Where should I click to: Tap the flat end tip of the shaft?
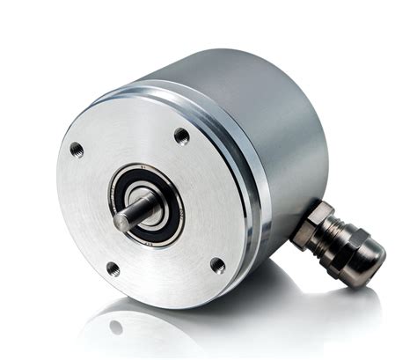[x=121, y=224]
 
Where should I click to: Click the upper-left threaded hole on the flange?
[x=77, y=149]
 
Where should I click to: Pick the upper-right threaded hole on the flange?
[x=181, y=136]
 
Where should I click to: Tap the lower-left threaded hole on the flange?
[x=113, y=268]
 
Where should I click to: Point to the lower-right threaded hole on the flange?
[x=217, y=265]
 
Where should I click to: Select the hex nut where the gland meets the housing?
[x=313, y=219]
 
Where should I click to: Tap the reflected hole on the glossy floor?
[x=115, y=327]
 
